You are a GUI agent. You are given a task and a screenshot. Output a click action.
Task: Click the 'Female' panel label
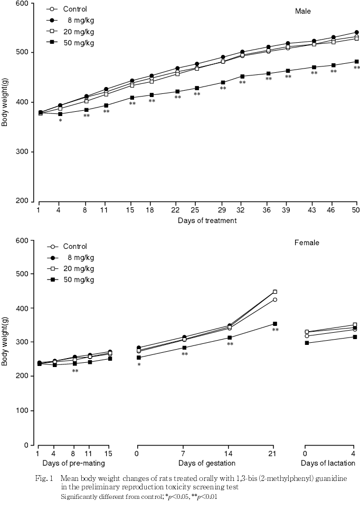tap(307, 243)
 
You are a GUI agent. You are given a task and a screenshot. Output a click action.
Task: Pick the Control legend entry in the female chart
tap(75, 246)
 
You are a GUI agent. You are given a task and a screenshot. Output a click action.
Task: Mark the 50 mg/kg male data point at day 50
tap(357, 62)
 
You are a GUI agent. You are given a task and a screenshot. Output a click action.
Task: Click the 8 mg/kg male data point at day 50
tap(357, 32)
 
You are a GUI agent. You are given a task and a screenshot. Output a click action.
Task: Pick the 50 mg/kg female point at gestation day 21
tap(274, 324)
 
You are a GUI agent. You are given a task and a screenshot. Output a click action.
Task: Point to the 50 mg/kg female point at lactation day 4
tap(354, 337)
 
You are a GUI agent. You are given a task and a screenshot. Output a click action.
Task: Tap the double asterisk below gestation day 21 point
tap(275, 331)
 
